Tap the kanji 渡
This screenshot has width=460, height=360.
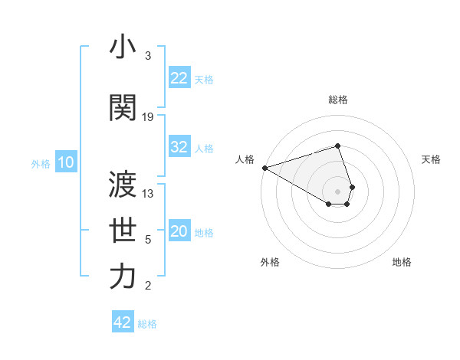coord(123,184)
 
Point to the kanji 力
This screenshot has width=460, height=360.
coord(123,277)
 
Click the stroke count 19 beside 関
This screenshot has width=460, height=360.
coord(148,116)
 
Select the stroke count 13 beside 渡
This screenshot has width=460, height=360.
coord(148,194)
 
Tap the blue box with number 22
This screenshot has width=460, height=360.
coord(179,77)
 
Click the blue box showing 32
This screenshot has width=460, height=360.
coord(179,147)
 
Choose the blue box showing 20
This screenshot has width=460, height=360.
coord(179,231)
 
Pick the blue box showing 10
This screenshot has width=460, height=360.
coord(65,162)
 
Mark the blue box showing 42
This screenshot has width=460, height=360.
coord(123,322)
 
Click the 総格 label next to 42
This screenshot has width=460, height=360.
coord(147,324)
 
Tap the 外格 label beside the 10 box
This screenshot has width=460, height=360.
coord(41,163)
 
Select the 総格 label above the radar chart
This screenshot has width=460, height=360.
coord(338,100)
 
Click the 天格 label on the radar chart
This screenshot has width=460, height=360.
coord(431,159)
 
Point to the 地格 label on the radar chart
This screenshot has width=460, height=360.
coord(402,262)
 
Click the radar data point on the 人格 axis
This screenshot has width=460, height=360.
coord(264,168)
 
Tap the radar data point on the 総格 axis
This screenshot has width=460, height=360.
coord(338,146)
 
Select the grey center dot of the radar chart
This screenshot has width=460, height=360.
coord(338,191)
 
